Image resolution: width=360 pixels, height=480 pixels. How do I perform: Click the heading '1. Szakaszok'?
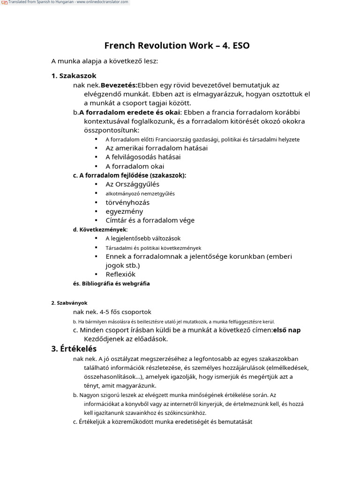74,75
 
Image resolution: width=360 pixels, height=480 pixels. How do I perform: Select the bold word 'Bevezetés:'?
119,85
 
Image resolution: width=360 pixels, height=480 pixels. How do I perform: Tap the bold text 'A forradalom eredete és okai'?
130,112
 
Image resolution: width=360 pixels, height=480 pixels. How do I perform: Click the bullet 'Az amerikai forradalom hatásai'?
157,148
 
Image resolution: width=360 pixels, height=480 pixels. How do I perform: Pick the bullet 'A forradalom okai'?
135,166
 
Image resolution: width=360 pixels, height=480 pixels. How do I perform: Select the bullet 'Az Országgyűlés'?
133,184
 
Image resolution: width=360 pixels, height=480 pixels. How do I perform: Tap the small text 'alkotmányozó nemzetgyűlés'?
140,193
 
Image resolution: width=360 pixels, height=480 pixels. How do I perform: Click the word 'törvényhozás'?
127,202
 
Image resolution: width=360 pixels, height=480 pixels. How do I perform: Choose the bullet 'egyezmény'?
124,211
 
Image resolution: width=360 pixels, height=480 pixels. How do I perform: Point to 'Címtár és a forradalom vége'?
150,220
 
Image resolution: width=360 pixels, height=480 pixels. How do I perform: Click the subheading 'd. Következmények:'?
100,230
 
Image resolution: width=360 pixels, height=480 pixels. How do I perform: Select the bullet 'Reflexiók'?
120,274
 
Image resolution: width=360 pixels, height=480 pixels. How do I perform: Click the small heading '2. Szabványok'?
69,303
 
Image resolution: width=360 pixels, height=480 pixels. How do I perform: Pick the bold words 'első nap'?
287,330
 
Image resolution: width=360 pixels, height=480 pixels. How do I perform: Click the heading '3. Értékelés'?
74,349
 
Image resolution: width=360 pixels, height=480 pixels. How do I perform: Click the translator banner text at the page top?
68,2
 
